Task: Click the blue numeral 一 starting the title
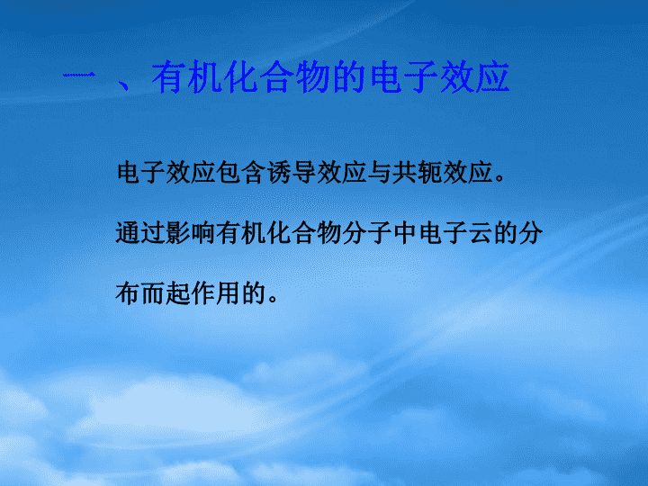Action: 78,76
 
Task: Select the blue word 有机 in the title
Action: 187,76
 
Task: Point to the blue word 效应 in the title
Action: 474,76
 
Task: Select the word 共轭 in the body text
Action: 417,172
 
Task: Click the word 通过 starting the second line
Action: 140,233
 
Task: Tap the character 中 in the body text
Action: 405,233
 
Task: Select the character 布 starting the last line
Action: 127,293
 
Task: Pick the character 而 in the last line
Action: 152,293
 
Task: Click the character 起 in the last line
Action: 177,293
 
